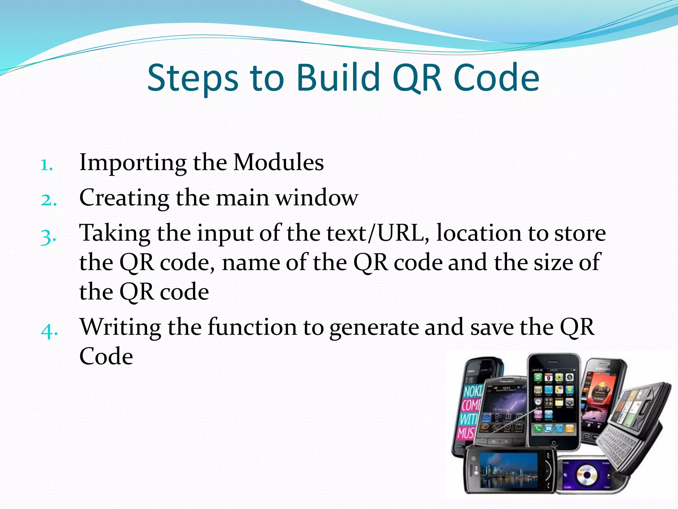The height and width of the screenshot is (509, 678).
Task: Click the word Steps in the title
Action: [x=192, y=78]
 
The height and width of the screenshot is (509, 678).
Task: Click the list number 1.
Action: [x=46, y=165]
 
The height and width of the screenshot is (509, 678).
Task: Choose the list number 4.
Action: [x=49, y=330]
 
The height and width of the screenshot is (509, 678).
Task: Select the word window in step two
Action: [x=317, y=198]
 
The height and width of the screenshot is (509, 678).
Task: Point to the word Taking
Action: [x=115, y=234]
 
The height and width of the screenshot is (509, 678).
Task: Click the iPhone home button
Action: [x=554, y=443]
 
